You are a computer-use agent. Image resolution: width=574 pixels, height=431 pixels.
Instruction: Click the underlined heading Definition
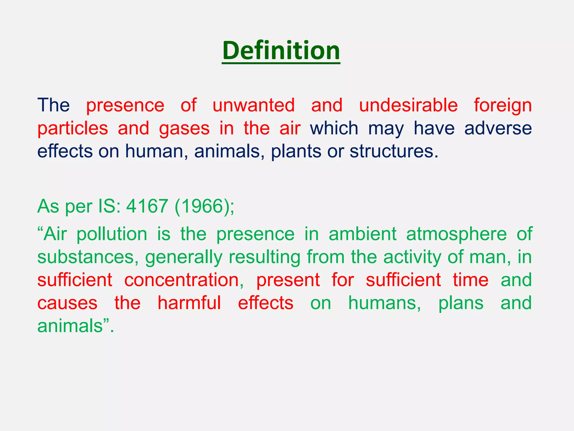click(x=281, y=51)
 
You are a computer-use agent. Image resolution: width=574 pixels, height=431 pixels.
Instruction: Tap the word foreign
click(x=503, y=106)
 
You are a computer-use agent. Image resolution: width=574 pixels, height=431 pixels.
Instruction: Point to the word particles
click(x=73, y=129)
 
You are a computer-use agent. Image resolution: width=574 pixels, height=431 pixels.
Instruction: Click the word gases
click(x=184, y=129)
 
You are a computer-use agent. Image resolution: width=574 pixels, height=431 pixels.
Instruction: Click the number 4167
click(x=147, y=206)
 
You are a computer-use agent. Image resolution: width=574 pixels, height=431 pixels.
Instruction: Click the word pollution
click(x=112, y=234)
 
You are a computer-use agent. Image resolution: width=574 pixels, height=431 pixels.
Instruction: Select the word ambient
click(x=362, y=234)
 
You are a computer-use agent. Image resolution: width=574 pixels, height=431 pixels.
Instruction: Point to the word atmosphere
click(x=456, y=234)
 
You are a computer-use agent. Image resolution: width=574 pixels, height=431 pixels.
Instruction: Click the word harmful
click(x=189, y=303)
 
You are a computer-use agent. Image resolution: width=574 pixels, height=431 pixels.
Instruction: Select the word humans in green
click(x=385, y=303)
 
